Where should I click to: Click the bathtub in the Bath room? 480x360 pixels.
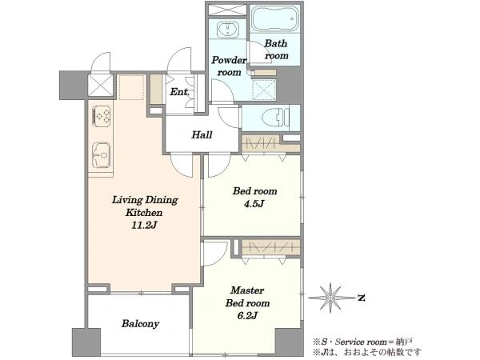point(274,18)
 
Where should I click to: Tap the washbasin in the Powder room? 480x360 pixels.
point(227,30)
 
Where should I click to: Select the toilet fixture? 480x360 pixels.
point(276,118)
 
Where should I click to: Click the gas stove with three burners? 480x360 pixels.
point(102,116)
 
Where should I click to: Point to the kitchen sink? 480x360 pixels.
point(101,155)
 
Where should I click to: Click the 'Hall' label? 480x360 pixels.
point(202,134)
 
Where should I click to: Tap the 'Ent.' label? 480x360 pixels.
point(180,92)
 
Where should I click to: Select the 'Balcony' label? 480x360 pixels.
point(140,323)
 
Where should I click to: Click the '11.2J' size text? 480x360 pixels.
point(144,226)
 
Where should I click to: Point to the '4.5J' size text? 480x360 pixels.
point(254,203)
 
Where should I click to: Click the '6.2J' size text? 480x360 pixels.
point(247,316)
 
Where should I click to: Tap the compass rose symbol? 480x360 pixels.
point(330,298)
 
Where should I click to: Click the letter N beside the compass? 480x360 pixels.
point(362,298)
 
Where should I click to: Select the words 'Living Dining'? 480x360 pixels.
point(145,200)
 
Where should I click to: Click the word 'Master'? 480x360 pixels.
point(247,290)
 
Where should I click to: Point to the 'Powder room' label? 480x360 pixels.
point(229,66)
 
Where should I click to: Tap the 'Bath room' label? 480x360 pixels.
point(277,50)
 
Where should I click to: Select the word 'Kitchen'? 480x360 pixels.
point(144,213)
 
